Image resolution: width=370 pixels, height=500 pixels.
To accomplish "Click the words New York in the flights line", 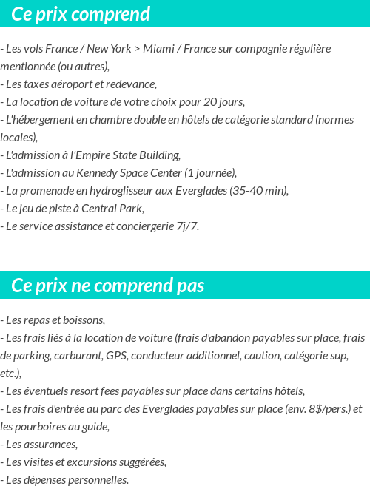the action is [109, 49].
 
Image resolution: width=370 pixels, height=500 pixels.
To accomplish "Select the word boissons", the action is [83, 320].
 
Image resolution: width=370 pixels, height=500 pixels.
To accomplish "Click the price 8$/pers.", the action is [318, 409].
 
